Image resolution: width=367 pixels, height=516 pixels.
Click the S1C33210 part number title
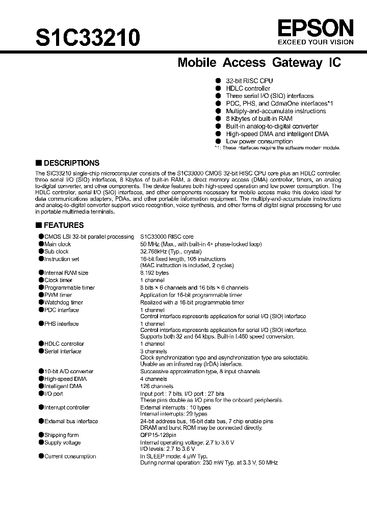pyautogui.click(x=88, y=37)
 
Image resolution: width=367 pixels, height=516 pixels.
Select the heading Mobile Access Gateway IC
pyautogui.click(x=259, y=63)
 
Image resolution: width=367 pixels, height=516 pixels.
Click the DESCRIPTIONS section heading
pyautogui.click(x=71, y=163)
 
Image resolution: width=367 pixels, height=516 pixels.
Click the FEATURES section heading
pyautogui.click(x=64, y=225)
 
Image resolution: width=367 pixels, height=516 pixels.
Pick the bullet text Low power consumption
pyautogui.click(x=259, y=141)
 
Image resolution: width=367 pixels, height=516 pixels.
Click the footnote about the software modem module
pyautogui.click(x=277, y=148)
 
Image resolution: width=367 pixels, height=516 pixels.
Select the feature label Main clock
pyautogui.click(x=58, y=244)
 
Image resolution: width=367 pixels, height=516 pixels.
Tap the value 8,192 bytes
pyautogui.click(x=154, y=273)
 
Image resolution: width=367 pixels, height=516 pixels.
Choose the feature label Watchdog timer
pyautogui.click(x=64, y=302)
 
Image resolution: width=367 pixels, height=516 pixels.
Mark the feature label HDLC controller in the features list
pyautogui.click(x=64, y=344)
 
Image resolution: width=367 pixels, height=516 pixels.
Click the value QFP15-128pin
pyautogui.click(x=158, y=435)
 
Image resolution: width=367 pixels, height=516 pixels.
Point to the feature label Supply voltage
pyautogui.click(x=62, y=443)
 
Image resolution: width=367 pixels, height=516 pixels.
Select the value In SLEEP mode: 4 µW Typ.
pyautogui.click(x=174, y=456)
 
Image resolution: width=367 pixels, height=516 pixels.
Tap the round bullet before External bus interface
pyautogui.click(x=41, y=421)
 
